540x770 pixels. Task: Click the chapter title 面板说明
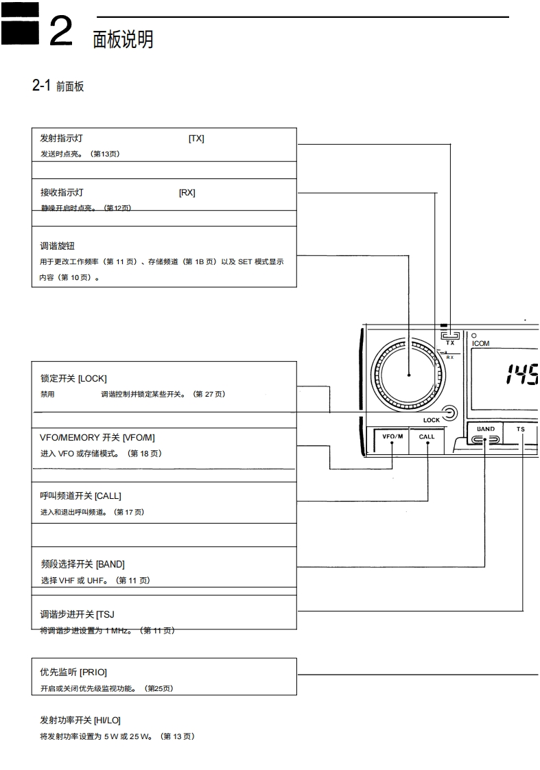click(123, 40)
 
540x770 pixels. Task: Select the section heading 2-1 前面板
click(58, 86)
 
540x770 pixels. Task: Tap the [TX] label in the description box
click(196, 139)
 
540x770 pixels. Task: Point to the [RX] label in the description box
click(187, 193)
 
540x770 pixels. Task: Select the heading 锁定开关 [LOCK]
click(73, 379)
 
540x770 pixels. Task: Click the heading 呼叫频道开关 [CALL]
click(80, 495)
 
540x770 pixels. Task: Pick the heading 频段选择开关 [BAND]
click(83, 565)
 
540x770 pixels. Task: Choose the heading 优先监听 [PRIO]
click(73, 673)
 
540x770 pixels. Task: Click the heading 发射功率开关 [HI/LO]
click(80, 720)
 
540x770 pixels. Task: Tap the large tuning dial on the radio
click(408, 375)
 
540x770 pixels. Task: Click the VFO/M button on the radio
click(392, 437)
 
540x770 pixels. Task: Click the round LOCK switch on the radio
click(450, 412)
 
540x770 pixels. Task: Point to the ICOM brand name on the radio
click(481, 343)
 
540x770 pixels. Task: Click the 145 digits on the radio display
click(521, 375)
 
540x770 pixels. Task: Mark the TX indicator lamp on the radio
click(450, 334)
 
